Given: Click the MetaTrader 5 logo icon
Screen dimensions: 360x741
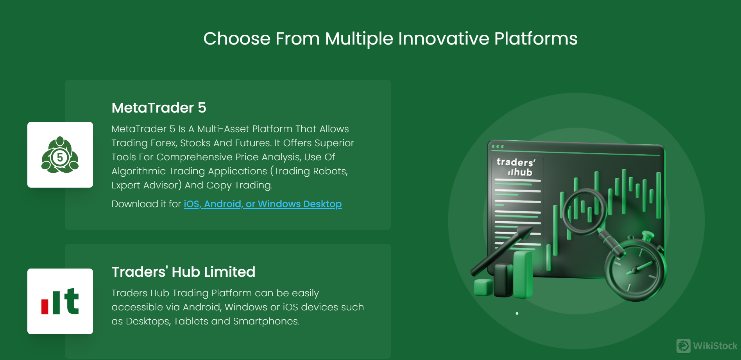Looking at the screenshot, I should click(x=60, y=155).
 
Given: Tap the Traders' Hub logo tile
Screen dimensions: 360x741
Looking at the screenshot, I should click(x=60, y=301).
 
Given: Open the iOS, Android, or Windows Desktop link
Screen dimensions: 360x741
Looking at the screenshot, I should click(x=263, y=204).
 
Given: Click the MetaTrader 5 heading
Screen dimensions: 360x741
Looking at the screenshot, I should click(x=159, y=108).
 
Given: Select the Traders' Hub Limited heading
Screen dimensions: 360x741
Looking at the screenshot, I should click(x=183, y=272).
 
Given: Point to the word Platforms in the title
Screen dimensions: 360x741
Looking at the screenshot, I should click(x=536, y=39).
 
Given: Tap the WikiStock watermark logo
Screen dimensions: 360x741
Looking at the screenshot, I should click(x=707, y=346).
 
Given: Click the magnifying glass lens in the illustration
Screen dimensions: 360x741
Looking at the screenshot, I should click(x=584, y=211).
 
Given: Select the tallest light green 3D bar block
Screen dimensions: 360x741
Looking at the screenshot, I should click(x=523, y=274).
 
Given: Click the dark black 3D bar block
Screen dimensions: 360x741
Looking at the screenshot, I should click(x=503, y=280).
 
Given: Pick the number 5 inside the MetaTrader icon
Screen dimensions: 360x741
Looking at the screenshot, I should click(x=60, y=158).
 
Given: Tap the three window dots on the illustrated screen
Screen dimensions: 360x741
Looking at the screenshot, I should click(x=498, y=147).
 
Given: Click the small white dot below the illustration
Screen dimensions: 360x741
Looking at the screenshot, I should click(x=517, y=313).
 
